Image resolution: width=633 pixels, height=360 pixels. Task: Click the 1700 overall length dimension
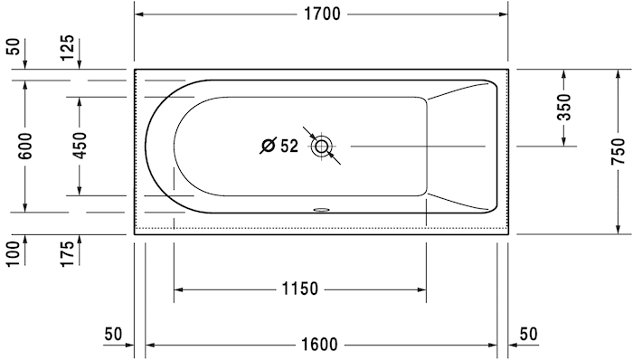tap(322, 14)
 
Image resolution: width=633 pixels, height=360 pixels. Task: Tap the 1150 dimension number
tap(299, 289)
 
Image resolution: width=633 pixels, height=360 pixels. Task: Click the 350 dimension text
tap(564, 107)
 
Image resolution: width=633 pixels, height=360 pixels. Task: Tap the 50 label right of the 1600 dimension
tap(529, 334)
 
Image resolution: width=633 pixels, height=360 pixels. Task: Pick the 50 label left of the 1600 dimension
tap(113, 334)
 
